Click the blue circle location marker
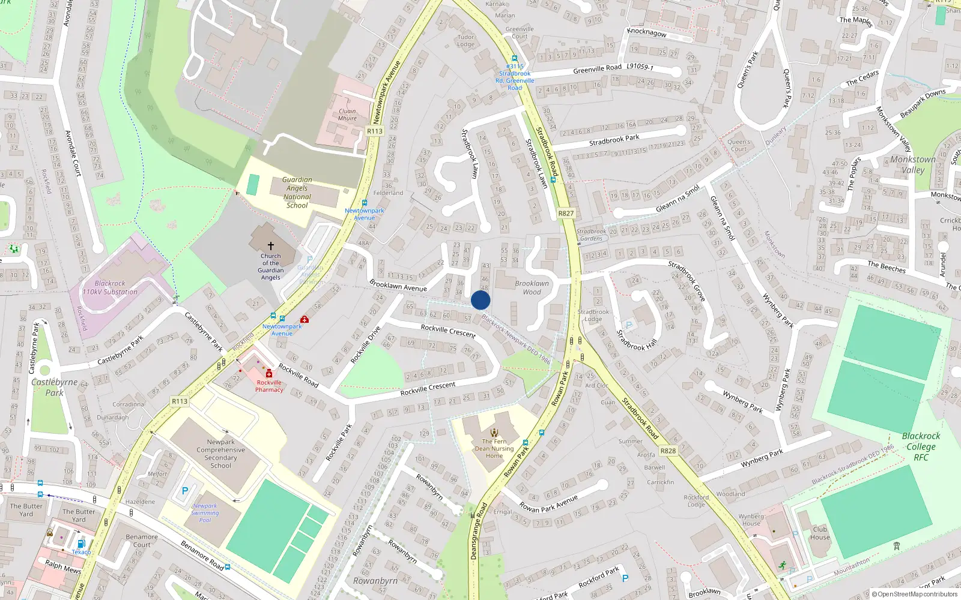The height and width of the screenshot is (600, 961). pos(480,300)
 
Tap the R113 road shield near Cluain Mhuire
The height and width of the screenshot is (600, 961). pos(375,131)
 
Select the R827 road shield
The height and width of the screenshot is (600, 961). pos(566,213)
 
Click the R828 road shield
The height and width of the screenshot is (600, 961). pos(668,451)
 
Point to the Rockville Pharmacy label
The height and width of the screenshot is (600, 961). pos(269,386)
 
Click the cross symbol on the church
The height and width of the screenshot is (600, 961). pos(271,246)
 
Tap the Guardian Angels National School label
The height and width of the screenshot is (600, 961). pos(297,193)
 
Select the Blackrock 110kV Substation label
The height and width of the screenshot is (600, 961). pos(110,287)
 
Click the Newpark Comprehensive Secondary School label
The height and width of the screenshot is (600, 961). pos(220,454)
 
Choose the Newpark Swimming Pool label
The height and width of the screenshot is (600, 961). pos(205,513)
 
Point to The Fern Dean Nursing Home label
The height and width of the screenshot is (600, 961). pos(494,448)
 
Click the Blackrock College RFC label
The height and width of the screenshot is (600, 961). pos(921,446)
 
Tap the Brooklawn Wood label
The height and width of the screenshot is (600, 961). pos(532,288)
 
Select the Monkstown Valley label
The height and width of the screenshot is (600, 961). pos(912,164)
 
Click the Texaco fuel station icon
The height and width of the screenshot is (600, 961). pos(80,544)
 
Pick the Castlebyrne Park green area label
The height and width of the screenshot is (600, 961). pos(54,387)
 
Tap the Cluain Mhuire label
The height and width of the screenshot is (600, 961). pos(347,115)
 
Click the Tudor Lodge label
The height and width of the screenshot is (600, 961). pos(465,40)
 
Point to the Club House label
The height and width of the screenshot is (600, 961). pos(820,533)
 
